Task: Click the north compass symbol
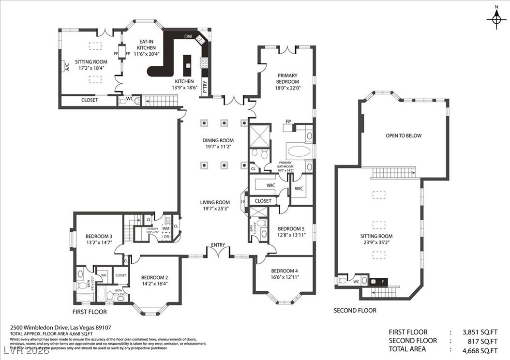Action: (x=496, y=19)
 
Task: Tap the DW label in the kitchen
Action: (x=188, y=37)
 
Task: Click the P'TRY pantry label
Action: (x=205, y=86)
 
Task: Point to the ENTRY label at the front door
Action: (x=218, y=245)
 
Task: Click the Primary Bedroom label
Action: (x=287, y=78)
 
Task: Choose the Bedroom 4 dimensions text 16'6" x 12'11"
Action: (x=284, y=278)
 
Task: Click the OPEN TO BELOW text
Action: (x=403, y=135)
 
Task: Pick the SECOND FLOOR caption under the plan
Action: (x=355, y=310)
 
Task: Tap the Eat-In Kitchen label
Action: (x=146, y=45)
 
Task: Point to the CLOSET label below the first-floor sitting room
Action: (x=89, y=100)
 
